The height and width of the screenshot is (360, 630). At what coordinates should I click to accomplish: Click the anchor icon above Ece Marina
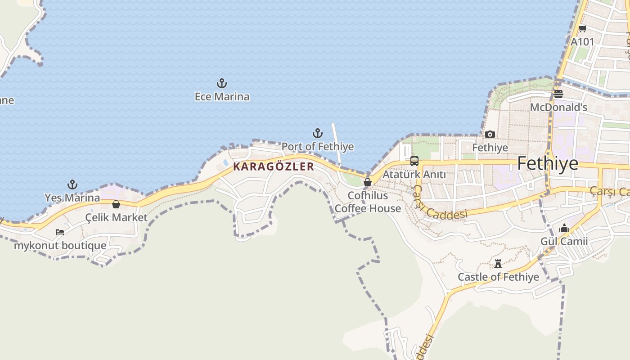pyautogui.click(x=222, y=83)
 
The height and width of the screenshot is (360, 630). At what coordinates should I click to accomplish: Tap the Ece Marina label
pyautogui.click(x=222, y=97)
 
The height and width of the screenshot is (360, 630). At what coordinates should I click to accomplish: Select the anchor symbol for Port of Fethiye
pyautogui.click(x=318, y=133)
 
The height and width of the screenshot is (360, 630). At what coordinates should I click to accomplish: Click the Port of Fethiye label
pyautogui.click(x=318, y=147)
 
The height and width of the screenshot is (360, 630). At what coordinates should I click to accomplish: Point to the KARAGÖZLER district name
pyautogui.click(x=274, y=166)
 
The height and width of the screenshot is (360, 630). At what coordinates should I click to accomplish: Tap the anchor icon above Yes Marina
pyautogui.click(x=72, y=184)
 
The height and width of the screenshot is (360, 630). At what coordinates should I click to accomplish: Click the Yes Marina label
pyautogui.click(x=72, y=198)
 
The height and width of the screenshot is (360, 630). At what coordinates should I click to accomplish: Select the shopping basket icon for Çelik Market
pyautogui.click(x=116, y=204)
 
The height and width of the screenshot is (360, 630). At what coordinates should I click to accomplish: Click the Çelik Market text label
pyautogui.click(x=116, y=217)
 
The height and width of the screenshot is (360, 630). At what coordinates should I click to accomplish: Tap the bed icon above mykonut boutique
pyautogui.click(x=60, y=232)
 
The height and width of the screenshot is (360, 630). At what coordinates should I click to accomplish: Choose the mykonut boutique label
pyautogui.click(x=60, y=246)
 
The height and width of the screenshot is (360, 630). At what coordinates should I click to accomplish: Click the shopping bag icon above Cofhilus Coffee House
pyautogui.click(x=368, y=182)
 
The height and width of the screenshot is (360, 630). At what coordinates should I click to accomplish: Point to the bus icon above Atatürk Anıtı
pyautogui.click(x=414, y=161)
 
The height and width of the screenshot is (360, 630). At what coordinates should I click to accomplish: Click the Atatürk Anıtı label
pyautogui.click(x=414, y=175)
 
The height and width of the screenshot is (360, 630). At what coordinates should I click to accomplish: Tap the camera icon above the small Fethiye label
pyautogui.click(x=490, y=134)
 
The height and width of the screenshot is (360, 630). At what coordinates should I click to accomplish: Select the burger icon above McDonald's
pyautogui.click(x=558, y=94)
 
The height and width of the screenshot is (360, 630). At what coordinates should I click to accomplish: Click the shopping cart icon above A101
pyautogui.click(x=582, y=28)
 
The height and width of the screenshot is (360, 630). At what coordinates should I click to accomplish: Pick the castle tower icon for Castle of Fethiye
pyautogui.click(x=498, y=263)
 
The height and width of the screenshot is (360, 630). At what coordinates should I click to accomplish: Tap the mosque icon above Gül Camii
pyautogui.click(x=564, y=229)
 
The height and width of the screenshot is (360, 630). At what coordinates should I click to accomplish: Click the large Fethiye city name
pyautogui.click(x=548, y=163)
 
